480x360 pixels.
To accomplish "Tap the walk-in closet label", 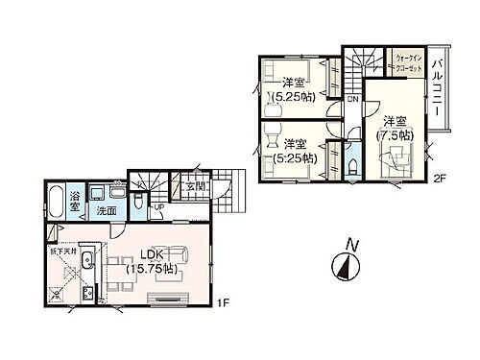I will coord(407,62).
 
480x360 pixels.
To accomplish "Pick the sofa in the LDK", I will coord(182,254).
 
